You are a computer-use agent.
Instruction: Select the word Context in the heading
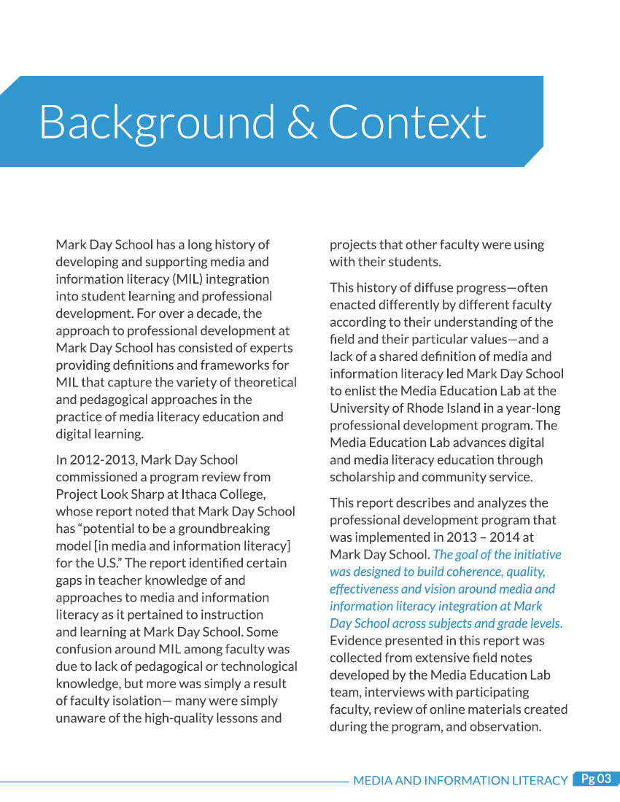click(407, 122)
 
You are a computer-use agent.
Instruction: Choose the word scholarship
click(366, 478)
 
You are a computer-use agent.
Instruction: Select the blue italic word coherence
click(457, 572)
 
